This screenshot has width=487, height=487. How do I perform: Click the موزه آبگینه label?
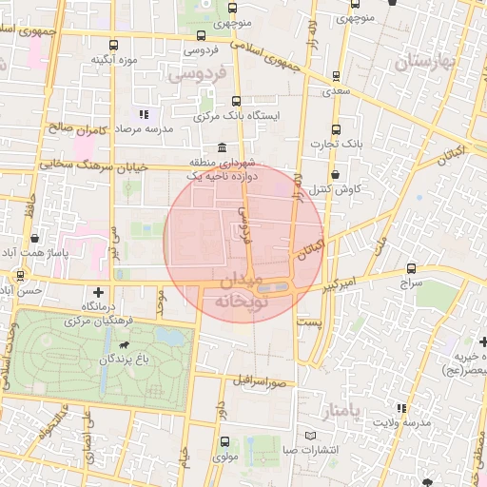(110, 60)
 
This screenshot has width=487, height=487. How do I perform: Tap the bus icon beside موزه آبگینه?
(114, 45)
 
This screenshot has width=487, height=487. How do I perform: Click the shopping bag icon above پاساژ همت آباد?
(35, 238)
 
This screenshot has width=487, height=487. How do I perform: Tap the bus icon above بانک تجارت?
(335, 129)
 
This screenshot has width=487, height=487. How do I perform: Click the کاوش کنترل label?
(337, 189)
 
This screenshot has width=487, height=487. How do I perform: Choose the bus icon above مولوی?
(224, 441)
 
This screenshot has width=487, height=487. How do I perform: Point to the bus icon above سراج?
(411, 268)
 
